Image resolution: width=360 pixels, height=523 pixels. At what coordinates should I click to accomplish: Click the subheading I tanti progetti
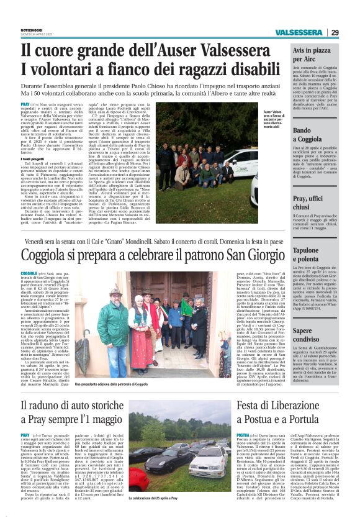click(x=32, y=158)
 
